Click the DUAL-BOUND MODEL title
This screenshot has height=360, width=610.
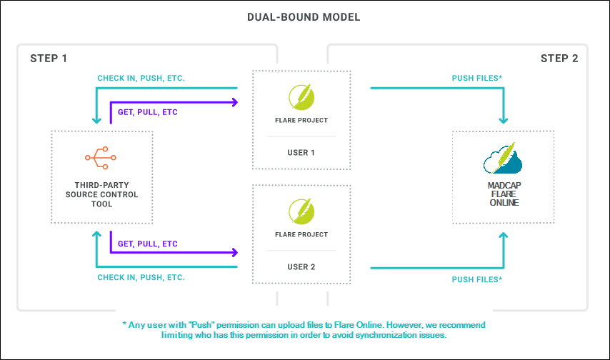tap(304, 17)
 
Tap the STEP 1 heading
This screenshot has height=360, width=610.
tap(49, 59)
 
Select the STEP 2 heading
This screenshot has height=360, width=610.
tap(559, 59)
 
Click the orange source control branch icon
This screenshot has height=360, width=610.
tap(101, 158)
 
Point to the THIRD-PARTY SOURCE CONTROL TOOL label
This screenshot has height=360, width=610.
tap(101, 194)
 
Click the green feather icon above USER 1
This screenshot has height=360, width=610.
tap(301, 97)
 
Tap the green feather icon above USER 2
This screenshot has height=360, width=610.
tap(301, 211)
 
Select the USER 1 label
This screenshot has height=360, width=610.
tap(301, 153)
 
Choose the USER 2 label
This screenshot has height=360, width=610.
tap(301, 267)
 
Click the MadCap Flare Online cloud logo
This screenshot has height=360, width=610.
tap(503, 158)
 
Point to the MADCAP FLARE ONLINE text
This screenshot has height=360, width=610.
tap(504, 194)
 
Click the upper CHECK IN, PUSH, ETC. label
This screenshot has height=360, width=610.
tap(141, 79)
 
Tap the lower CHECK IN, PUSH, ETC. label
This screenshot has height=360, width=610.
tap(141, 277)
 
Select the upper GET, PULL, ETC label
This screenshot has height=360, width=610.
tap(147, 112)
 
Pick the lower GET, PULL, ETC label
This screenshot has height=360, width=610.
tap(147, 244)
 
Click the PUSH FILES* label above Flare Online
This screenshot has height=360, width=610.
tap(477, 79)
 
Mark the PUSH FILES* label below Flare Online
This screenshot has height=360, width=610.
tap(477, 279)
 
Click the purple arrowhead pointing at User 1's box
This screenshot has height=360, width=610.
tap(235, 102)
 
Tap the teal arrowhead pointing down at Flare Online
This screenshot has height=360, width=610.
tap(504, 121)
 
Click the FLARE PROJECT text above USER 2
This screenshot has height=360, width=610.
tap(301, 235)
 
